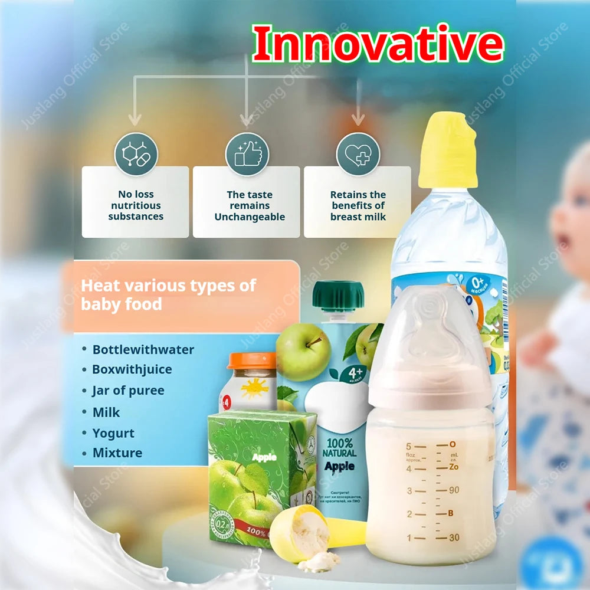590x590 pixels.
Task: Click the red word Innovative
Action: [x=378, y=44]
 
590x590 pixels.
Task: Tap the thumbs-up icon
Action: [x=247, y=154]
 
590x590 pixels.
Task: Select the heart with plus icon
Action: [x=358, y=154]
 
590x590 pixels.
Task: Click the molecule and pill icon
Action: [x=136, y=154]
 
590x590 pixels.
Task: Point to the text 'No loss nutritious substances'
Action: [x=136, y=205]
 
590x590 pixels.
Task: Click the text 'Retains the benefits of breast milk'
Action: [x=358, y=205]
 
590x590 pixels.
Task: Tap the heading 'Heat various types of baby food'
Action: [x=168, y=294]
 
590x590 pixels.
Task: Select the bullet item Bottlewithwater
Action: [x=143, y=349]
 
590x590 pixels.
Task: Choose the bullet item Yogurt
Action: [x=113, y=433]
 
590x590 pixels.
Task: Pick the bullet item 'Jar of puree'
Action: [x=128, y=391]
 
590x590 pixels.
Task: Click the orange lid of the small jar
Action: [x=252, y=360]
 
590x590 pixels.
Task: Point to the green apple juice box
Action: [x=254, y=472]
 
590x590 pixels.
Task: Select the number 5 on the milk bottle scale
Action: [x=408, y=446]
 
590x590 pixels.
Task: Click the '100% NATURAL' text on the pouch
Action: [x=339, y=448]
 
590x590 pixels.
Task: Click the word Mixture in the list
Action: [x=117, y=453]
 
